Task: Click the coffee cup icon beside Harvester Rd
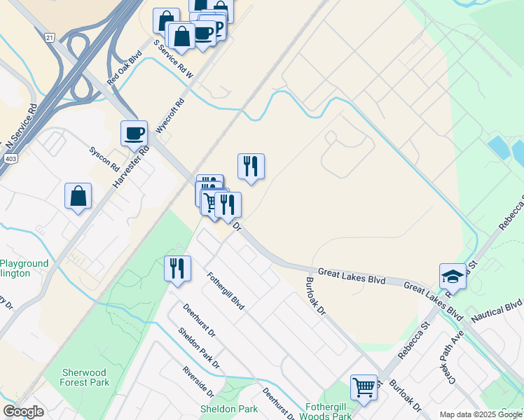click(x=134, y=132)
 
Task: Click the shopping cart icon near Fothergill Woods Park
click(x=364, y=386)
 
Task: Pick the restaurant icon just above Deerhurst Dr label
click(x=177, y=269)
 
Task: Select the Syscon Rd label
click(x=104, y=159)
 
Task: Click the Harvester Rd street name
click(x=131, y=168)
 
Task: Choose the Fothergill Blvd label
click(x=226, y=293)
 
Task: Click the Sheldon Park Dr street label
click(x=199, y=349)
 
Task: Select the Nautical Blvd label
click(x=497, y=310)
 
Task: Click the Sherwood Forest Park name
click(x=85, y=377)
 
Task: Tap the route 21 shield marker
click(x=48, y=36)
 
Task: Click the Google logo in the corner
click(x=23, y=411)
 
